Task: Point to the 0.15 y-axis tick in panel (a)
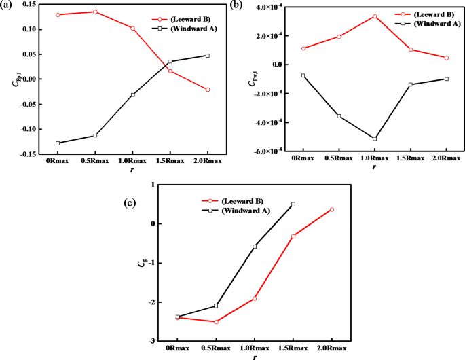click(26, 5)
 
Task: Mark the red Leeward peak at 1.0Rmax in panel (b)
click(374, 16)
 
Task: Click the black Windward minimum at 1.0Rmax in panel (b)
click(374, 139)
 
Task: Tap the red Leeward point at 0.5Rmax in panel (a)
click(94, 12)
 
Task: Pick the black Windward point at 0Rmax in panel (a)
click(58, 143)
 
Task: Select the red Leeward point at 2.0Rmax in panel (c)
click(332, 209)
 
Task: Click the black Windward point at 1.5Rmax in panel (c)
click(293, 204)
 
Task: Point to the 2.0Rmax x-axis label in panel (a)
click(207, 161)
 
